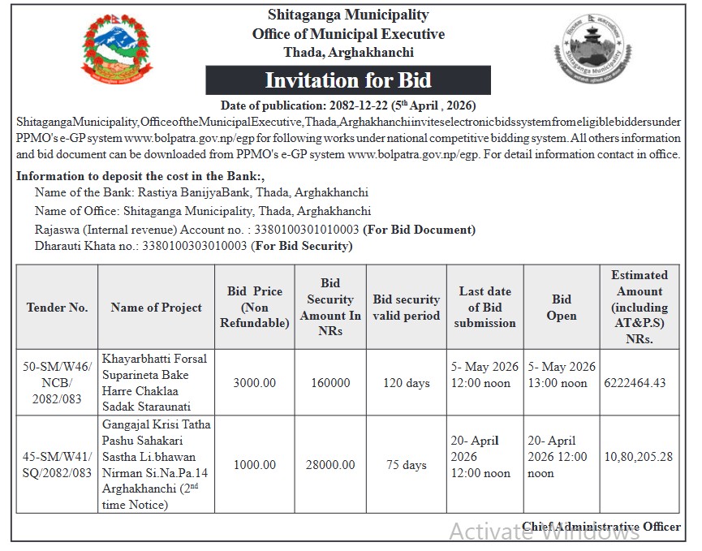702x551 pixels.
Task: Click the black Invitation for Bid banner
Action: click(x=347, y=80)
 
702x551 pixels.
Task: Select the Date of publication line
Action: click(x=348, y=105)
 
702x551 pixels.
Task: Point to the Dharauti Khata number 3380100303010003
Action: click(x=194, y=245)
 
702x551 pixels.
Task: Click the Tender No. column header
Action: click(x=57, y=308)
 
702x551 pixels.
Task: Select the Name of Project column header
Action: click(x=157, y=308)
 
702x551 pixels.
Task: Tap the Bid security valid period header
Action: click(x=406, y=308)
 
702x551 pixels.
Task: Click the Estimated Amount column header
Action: click(x=639, y=308)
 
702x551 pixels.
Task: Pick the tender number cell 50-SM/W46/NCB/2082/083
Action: click(x=57, y=382)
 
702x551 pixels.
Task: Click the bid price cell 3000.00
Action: click(x=255, y=383)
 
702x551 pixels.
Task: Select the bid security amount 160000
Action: click(x=329, y=383)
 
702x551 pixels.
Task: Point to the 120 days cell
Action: click(x=406, y=383)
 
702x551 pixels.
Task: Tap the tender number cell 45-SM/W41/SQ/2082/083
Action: click(x=57, y=465)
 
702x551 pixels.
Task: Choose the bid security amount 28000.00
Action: click(x=329, y=465)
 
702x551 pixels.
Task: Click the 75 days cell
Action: click(x=406, y=465)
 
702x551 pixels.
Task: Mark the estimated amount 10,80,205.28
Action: click(x=639, y=457)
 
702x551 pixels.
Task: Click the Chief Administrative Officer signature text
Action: click(x=601, y=527)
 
